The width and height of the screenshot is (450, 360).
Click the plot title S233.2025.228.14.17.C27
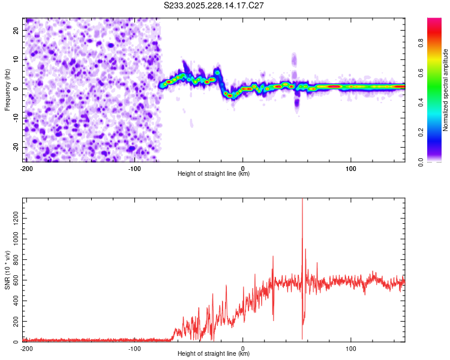214,5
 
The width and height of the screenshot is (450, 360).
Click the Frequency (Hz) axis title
8,89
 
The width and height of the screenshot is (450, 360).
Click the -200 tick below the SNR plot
26,348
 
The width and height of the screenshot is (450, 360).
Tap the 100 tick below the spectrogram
351,168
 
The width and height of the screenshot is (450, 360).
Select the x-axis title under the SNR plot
214,354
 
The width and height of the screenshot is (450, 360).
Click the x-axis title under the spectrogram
214,174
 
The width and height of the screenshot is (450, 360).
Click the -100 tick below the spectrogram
134,168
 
